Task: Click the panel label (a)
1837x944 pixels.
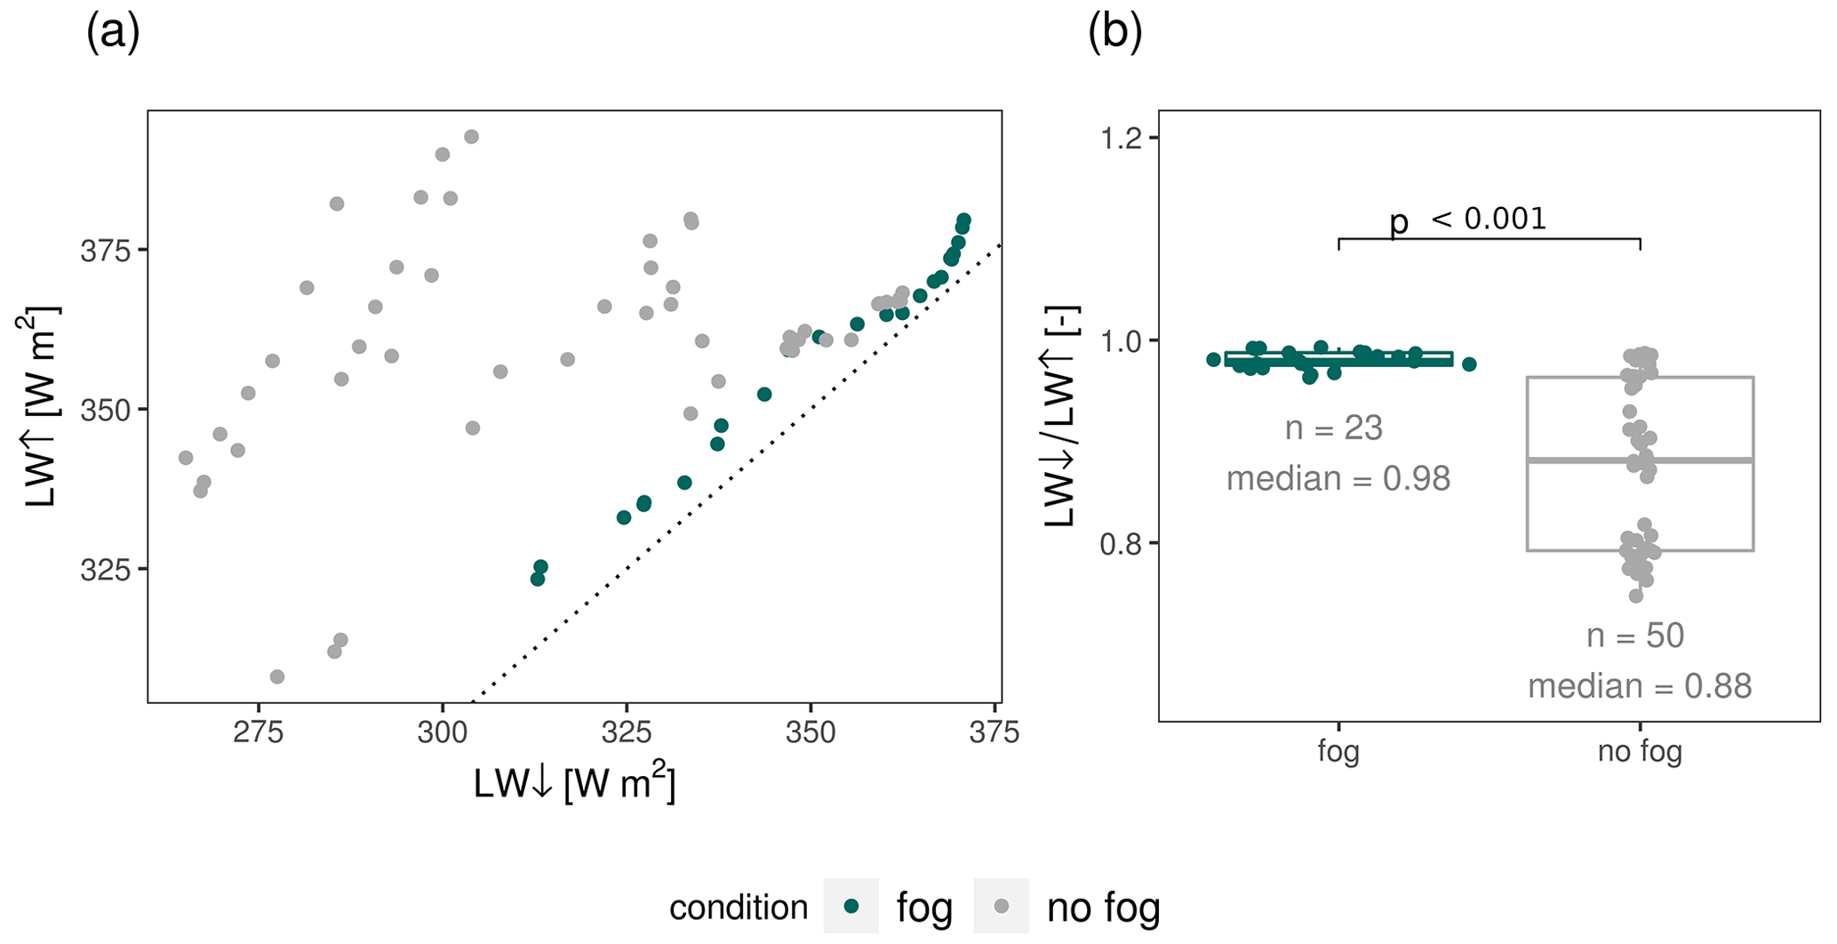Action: (113, 34)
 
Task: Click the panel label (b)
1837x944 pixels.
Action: (1114, 34)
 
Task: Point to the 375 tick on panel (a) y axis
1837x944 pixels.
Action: (105, 252)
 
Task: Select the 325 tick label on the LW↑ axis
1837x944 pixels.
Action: (105, 570)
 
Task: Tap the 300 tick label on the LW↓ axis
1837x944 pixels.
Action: (443, 732)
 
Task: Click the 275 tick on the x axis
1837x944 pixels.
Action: (259, 732)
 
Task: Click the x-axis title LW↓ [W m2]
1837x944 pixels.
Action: (574, 783)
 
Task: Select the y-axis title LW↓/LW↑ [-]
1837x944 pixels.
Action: (1061, 416)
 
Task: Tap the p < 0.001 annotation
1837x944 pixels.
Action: (1468, 219)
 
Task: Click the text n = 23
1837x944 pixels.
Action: (1334, 428)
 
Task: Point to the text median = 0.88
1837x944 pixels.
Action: (1640, 685)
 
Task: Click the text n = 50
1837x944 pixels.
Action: (1635, 636)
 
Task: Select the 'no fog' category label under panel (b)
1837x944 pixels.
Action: (1640, 752)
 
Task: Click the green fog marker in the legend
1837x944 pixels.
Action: (851, 906)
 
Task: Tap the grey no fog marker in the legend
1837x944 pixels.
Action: (1002, 906)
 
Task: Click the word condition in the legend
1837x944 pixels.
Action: (739, 908)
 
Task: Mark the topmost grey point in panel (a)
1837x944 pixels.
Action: (472, 137)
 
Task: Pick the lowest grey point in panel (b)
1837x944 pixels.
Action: (1636, 596)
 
